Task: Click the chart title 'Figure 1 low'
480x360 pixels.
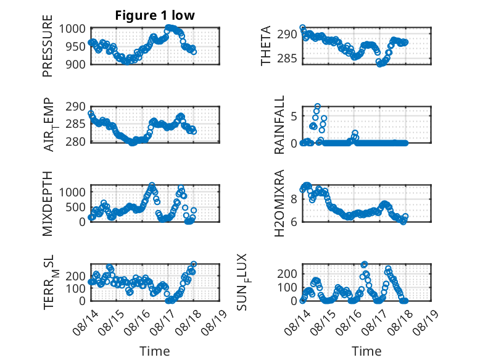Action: [155, 15]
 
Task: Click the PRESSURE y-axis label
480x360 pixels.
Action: [48, 46]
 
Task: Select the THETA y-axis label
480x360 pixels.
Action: [266, 46]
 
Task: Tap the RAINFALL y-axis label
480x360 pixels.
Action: [279, 125]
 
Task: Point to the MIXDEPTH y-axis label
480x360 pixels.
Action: [48, 204]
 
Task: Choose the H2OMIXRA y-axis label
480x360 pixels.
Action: [279, 203]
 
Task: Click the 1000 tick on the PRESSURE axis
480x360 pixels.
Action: [72, 29]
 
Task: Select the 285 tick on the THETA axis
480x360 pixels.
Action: [287, 58]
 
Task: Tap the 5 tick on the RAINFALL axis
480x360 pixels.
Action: [294, 117]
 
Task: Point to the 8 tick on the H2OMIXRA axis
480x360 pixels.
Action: [294, 199]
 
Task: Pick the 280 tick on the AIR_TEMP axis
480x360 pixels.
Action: [76, 142]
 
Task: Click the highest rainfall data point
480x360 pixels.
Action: [318, 106]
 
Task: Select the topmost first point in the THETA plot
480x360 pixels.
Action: [302, 27]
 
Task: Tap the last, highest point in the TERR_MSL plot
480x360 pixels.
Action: [194, 264]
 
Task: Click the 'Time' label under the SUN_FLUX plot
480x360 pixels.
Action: [366, 351]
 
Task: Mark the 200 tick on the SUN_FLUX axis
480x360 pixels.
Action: [287, 274]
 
